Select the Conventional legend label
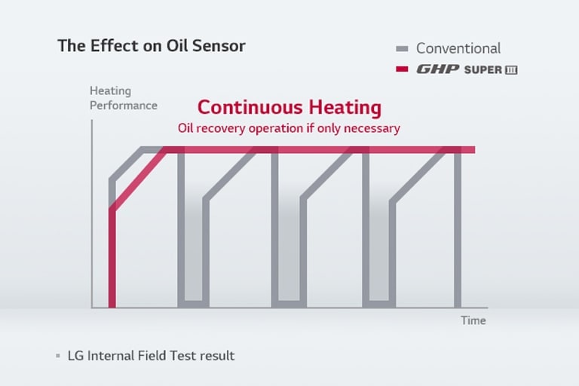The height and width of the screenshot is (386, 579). pyautogui.click(x=458, y=48)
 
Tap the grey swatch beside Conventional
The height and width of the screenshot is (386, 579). pyautogui.click(x=403, y=49)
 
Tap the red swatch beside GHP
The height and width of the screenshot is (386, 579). pyautogui.click(x=403, y=69)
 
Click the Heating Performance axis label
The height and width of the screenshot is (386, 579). pyautogui.click(x=123, y=98)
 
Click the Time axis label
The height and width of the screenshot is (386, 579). pyautogui.click(x=473, y=320)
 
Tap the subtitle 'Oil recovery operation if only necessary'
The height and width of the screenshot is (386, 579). pyautogui.click(x=289, y=128)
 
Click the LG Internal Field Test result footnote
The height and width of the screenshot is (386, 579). pyautogui.click(x=151, y=355)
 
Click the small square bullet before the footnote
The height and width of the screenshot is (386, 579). pyautogui.click(x=58, y=355)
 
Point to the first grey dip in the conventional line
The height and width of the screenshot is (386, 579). pyautogui.click(x=193, y=249)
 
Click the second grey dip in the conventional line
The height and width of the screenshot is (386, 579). pyautogui.click(x=289, y=249)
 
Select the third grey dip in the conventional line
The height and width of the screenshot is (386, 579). pyautogui.click(x=379, y=249)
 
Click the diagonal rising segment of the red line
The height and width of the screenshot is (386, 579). pyautogui.click(x=137, y=181)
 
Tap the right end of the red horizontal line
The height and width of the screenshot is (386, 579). pyautogui.click(x=472, y=149)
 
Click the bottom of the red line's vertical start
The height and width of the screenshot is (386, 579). pyautogui.click(x=112, y=304)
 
